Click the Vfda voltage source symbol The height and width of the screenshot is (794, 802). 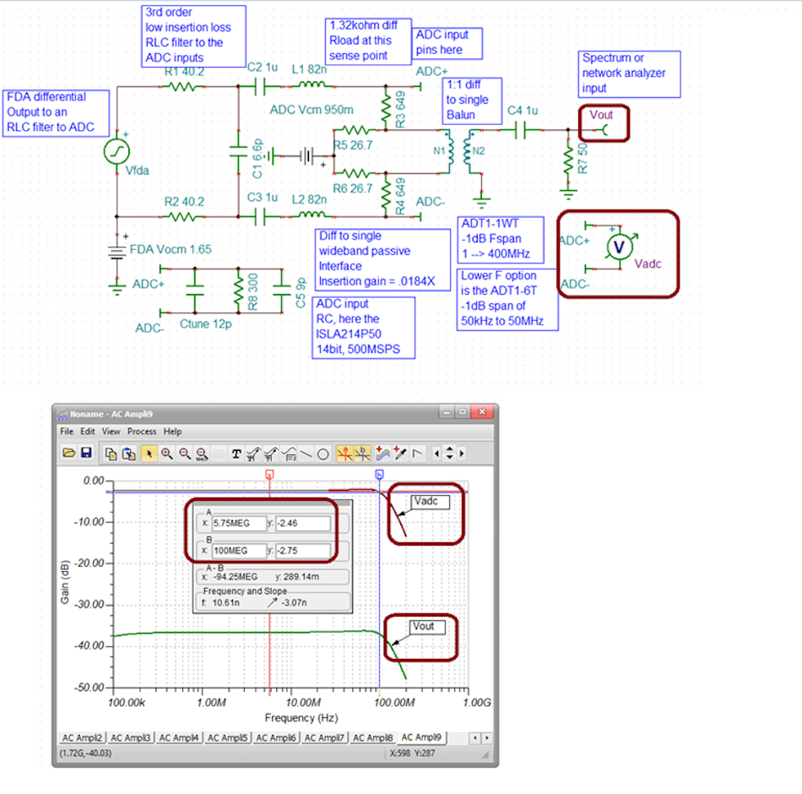pos(116,151)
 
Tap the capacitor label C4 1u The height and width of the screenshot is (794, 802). pos(523,111)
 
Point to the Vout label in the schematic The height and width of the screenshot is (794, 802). pos(602,114)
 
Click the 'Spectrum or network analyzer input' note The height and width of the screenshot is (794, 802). pos(624,73)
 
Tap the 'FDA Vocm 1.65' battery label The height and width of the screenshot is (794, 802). pos(169,251)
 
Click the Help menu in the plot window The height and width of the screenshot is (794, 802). pos(172,431)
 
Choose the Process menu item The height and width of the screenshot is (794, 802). pos(142,431)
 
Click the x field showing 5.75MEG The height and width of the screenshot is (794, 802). pos(240,524)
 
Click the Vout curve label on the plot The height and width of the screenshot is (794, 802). pos(423,626)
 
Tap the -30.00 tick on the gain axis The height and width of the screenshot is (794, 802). pos(89,604)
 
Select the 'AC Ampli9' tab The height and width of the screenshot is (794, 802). pos(421,737)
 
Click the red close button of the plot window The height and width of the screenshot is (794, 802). pos(483,412)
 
